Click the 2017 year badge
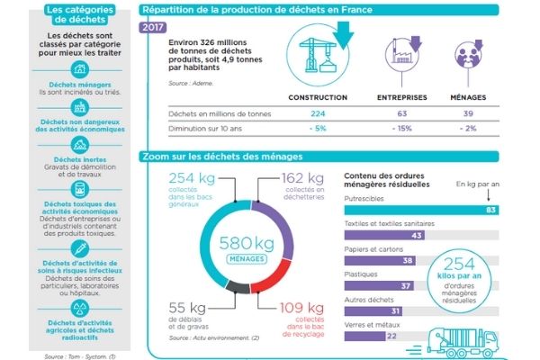click(x=152, y=28)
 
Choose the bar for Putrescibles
click(x=422, y=210)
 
